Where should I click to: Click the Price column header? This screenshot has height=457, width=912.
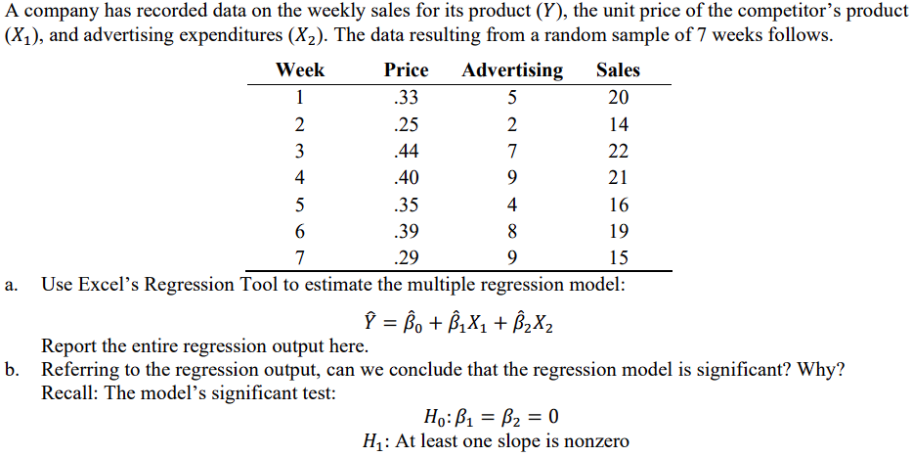point(406,70)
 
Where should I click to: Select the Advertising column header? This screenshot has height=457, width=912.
point(512,70)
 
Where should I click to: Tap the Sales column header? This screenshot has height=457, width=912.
point(618,70)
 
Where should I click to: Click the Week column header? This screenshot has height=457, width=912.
point(300,70)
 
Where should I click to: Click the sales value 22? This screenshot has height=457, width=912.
point(618,152)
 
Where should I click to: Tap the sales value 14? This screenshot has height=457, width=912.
point(618,124)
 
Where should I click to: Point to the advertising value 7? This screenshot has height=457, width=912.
point(512,152)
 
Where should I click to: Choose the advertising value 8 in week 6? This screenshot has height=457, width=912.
point(512,232)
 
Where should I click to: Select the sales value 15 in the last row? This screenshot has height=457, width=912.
point(618,259)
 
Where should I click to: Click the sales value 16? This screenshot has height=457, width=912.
point(618,206)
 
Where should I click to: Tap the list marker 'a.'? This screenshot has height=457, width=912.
point(11,285)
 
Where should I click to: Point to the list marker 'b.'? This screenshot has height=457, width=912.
point(11,370)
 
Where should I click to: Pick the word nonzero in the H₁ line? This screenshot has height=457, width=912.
point(594,442)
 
